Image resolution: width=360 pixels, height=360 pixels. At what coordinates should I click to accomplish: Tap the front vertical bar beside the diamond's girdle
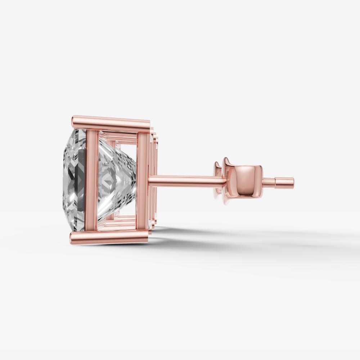point(91,180)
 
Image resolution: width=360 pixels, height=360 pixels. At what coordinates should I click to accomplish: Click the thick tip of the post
point(286,183)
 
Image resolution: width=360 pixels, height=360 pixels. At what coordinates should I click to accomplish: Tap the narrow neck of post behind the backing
point(269,183)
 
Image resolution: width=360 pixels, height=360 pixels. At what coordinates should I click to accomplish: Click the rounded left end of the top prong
point(74,122)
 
